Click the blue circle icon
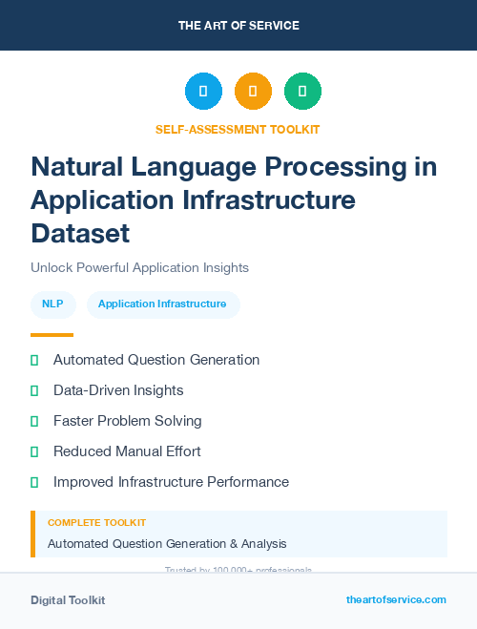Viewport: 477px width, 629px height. click(x=203, y=92)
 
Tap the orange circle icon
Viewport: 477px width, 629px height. click(x=253, y=92)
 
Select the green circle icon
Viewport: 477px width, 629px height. click(x=302, y=92)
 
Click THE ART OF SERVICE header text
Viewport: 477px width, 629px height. click(x=238, y=25)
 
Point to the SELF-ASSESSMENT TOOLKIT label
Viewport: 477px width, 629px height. click(x=238, y=129)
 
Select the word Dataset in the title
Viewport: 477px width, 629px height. click(x=80, y=232)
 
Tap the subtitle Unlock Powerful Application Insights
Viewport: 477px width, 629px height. click(x=139, y=268)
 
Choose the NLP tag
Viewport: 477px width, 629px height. click(x=53, y=304)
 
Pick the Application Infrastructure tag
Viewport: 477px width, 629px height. click(x=162, y=304)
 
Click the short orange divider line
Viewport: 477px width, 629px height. click(x=52, y=334)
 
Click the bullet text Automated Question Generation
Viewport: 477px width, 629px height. click(x=156, y=360)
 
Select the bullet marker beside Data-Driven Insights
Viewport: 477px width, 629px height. click(x=34, y=390)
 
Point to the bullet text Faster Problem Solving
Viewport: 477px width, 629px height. click(x=128, y=421)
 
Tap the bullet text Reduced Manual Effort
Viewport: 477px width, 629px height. click(x=127, y=451)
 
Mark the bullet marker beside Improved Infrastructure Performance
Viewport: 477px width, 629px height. click(x=34, y=482)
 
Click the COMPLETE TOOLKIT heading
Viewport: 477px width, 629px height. click(x=97, y=523)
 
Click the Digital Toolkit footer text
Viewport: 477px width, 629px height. click(x=68, y=600)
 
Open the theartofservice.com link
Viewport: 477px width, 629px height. click(x=396, y=599)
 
